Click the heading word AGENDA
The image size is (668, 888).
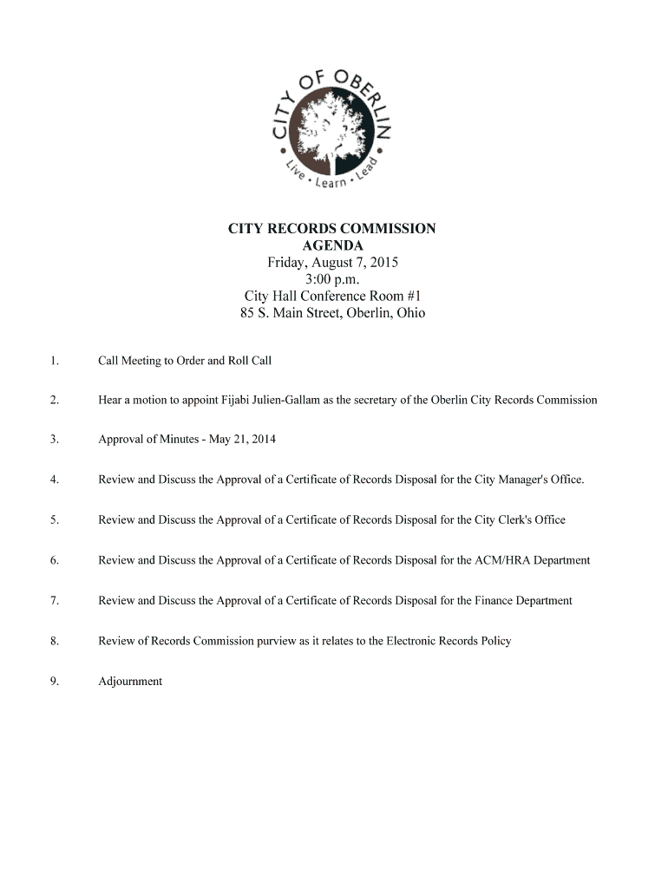(x=332, y=245)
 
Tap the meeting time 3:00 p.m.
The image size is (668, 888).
(x=332, y=279)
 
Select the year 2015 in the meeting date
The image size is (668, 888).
(x=383, y=262)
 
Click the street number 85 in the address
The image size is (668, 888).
(x=247, y=313)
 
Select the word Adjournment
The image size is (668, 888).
(x=130, y=681)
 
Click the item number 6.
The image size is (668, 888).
(x=54, y=560)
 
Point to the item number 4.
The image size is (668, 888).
(x=54, y=480)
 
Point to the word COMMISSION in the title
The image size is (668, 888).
(x=391, y=229)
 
